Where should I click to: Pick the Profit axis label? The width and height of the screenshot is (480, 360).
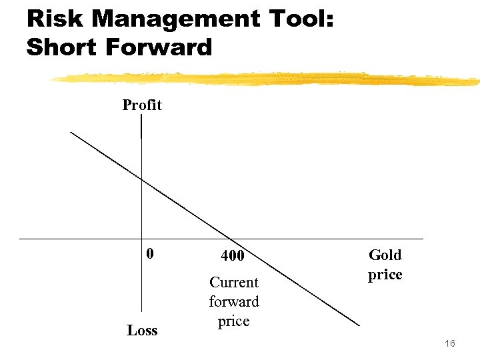point(142,105)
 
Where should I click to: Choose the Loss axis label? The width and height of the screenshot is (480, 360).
point(142,330)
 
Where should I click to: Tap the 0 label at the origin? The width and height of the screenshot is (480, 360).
point(150,253)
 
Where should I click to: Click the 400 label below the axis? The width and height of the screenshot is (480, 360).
point(233,255)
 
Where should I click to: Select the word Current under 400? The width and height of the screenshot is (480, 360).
point(233,282)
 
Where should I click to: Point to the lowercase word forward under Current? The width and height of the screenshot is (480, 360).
point(233,301)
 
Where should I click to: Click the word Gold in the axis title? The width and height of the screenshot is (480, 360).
point(385,255)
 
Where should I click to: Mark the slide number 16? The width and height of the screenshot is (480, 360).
point(449,343)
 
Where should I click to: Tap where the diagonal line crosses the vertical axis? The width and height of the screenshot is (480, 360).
point(142,179)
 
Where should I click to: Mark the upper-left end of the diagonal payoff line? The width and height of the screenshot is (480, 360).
point(71,132)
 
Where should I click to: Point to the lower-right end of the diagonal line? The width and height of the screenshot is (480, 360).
point(359,325)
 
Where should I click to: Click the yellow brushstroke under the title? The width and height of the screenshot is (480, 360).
point(267,79)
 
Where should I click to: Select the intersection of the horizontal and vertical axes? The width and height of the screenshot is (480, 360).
point(142,238)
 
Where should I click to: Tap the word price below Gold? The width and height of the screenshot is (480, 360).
point(385,275)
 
